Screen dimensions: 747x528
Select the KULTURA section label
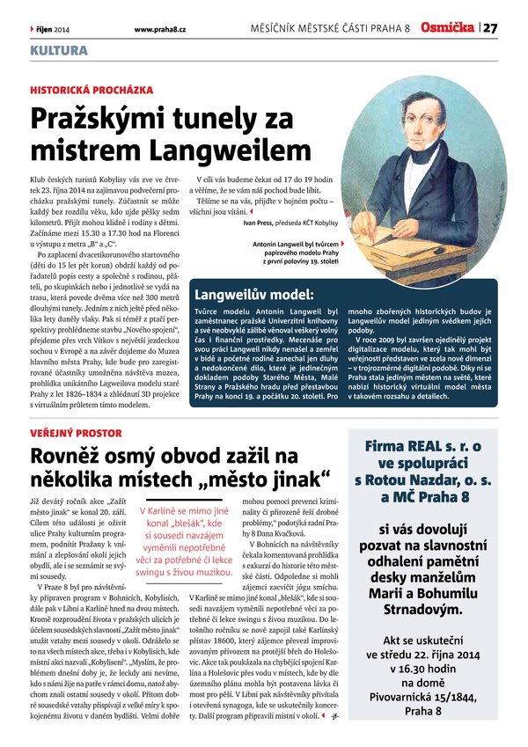coord(58,50)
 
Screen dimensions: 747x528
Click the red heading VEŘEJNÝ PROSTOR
coord(72,434)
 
